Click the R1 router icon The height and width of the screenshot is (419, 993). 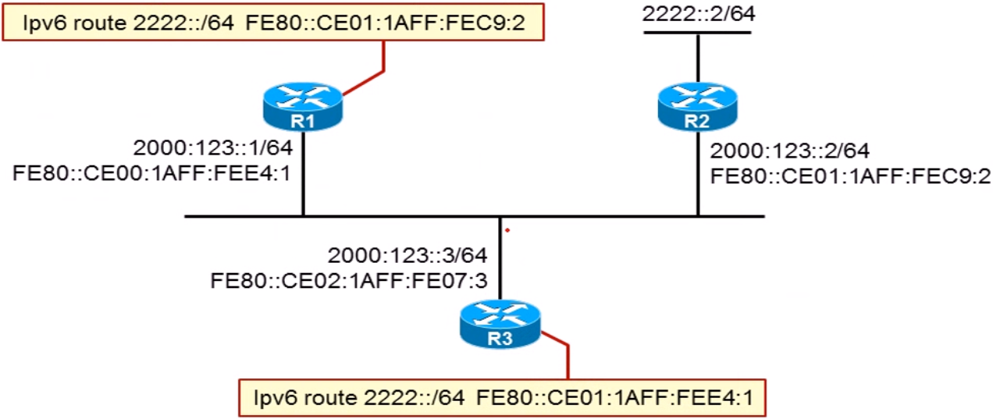point(303,107)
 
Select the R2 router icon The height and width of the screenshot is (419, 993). point(697,107)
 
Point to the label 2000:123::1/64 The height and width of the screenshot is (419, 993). point(212,148)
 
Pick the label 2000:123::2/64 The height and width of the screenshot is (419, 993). point(789,150)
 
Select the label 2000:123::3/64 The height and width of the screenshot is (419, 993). point(407,256)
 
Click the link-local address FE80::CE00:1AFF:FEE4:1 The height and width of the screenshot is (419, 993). point(152,172)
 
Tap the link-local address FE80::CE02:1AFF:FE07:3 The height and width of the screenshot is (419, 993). point(349,279)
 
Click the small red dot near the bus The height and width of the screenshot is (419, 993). point(507,230)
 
